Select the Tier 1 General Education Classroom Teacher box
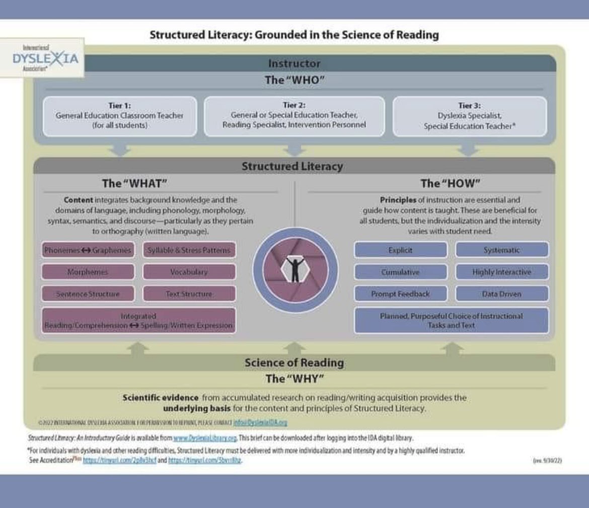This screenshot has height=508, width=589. [120, 116]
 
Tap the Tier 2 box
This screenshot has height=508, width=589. [294, 116]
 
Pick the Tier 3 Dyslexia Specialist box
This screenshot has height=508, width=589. [469, 116]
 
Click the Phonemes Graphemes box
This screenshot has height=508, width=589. [88, 250]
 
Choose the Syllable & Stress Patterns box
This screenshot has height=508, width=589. [189, 250]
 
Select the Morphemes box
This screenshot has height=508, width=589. [88, 272]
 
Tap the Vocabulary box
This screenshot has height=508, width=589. [189, 272]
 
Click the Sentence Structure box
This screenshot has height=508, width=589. [88, 294]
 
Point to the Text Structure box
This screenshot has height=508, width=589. [189, 294]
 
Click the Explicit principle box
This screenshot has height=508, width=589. [401, 250]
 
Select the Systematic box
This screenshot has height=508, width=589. [502, 250]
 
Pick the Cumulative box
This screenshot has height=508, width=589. [401, 272]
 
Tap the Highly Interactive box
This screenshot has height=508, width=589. [502, 272]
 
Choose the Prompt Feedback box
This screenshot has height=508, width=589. [401, 294]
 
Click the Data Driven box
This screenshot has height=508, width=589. [502, 294]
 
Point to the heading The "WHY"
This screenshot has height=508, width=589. [294, 379]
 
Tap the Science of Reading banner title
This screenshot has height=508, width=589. [294, 362]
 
